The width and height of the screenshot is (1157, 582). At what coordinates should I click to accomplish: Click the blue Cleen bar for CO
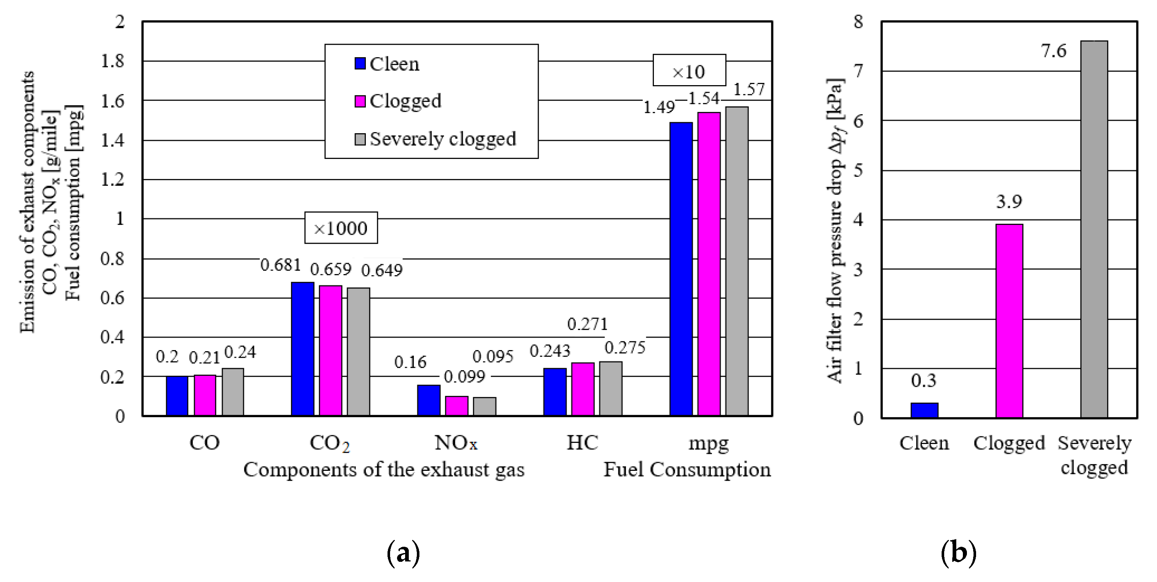177,396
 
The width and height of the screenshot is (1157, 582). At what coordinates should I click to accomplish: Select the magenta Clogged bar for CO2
331,350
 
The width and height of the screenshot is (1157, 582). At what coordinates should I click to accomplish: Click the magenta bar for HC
583,389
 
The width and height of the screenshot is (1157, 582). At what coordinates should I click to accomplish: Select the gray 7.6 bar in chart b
1094,229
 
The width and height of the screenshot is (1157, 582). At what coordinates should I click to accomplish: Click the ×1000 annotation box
341,228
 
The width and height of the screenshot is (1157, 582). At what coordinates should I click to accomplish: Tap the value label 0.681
281,265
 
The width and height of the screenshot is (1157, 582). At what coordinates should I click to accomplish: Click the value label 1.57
749,90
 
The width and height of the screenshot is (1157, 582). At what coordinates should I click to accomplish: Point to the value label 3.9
1009,201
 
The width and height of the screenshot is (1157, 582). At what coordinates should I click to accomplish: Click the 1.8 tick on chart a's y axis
112,61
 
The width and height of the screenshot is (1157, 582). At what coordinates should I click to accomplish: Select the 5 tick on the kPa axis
858,170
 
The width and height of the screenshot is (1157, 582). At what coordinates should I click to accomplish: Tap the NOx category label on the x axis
455,443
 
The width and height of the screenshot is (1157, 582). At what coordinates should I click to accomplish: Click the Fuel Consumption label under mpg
687,470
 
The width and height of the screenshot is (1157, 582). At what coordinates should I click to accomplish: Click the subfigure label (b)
958,553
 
